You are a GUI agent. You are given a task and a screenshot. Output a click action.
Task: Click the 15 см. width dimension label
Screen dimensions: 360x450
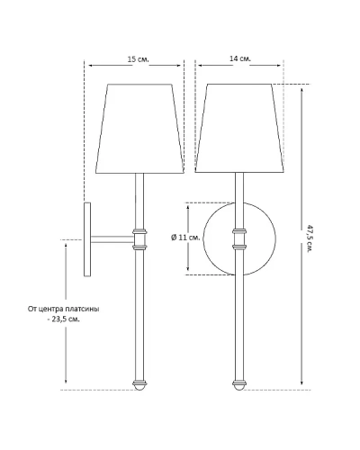[139, 59]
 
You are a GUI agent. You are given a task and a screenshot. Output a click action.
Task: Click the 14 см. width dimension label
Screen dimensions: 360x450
[240, 58]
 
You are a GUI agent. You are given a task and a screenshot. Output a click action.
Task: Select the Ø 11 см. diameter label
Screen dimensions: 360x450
[185, 238]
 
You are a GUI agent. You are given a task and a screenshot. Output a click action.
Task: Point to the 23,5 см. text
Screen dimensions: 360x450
[66, 319]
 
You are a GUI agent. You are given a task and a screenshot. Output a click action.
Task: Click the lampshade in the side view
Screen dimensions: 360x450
[139, 129]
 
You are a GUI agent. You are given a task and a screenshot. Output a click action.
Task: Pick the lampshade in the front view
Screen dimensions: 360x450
[239, 128]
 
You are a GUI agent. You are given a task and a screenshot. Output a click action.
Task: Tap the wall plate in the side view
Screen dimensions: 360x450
[87, 239]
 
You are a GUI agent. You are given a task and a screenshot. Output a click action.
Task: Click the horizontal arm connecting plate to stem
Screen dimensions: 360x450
[112, 239]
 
